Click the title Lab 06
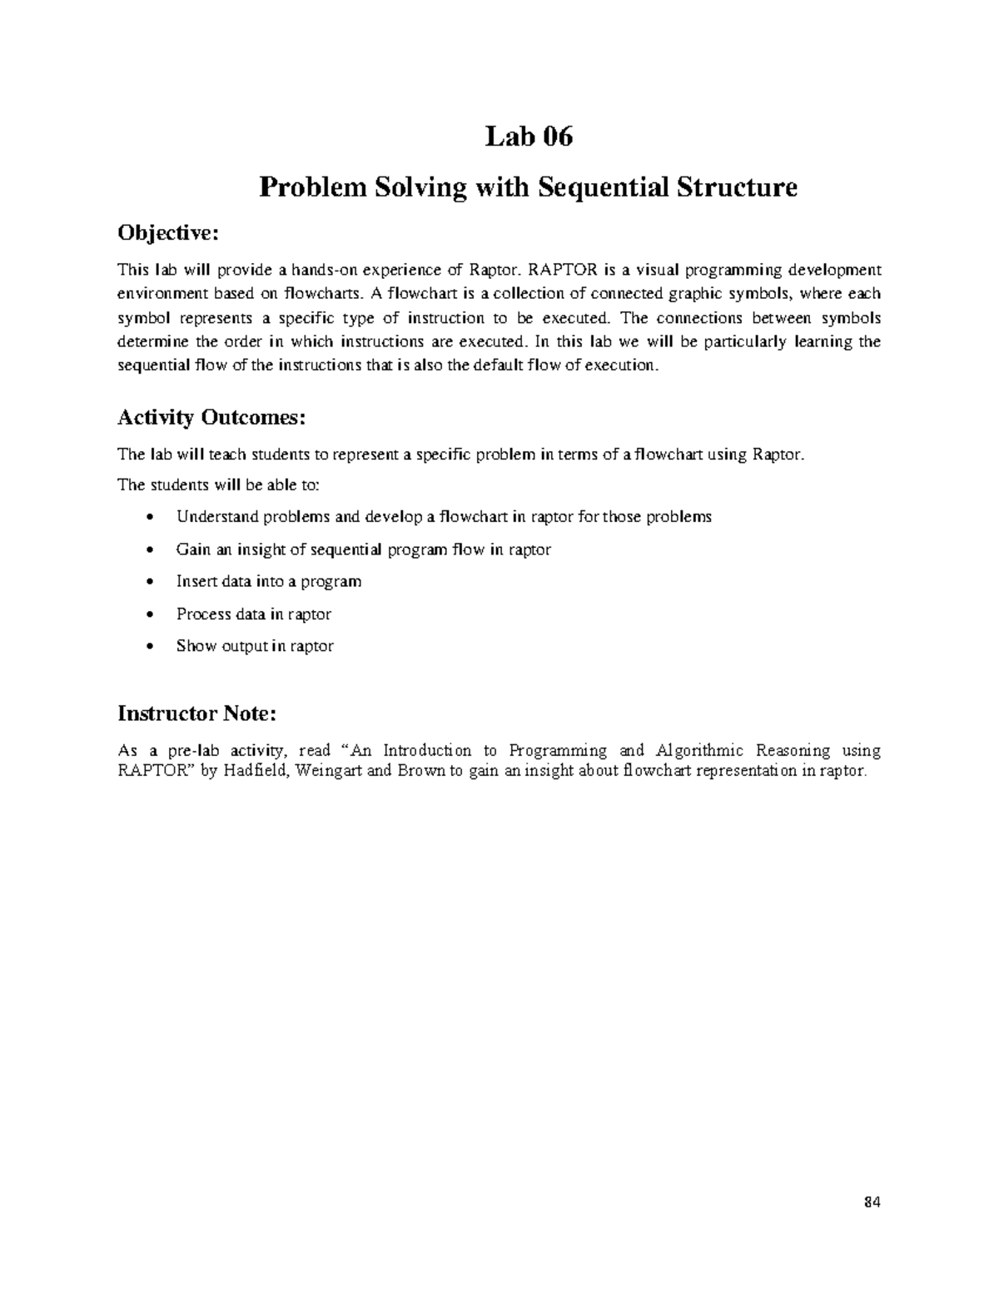(x=529, y=137)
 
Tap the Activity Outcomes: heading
(x=211, y=417)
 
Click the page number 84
(x=872, y=1202)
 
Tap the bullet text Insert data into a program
(x=269, y=581)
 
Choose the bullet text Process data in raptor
(x=254, y=614)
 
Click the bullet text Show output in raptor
(x=255, y=646)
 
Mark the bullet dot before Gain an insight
(x=149, y=550)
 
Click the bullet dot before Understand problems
(x=149, y=518)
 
